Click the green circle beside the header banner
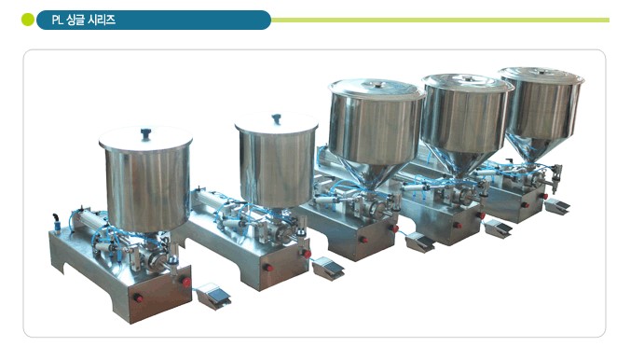tap(28, 20)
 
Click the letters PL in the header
tap(57, 21)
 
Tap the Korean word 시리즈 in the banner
tap(102, 20)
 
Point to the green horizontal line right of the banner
tap(441, 21)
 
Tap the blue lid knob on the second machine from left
tap(276, 119)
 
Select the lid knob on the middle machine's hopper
tap(377, 85)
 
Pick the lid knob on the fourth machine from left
tap(467, 77)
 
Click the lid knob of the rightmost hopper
tap(543, 72)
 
